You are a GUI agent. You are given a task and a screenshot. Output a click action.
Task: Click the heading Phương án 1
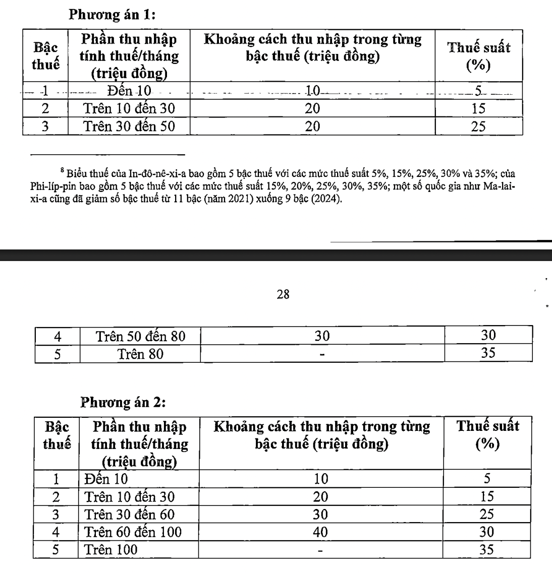click(x=112, y=15)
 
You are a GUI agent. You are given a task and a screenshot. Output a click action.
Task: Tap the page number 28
click(x=284, y=295)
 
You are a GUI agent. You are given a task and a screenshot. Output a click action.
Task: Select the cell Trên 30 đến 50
click(x=129, y=126)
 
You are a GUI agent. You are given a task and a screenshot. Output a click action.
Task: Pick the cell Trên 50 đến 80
click(x=141, y=336)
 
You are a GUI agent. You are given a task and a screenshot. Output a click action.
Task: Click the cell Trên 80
click(x=141, y=354)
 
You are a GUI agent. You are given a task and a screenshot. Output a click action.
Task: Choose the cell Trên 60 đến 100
click(x=133, y=532)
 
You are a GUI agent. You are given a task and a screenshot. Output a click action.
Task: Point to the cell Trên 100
click(x=111, y=549)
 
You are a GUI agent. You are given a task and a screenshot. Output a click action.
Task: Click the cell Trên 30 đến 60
click(x=130, y=514)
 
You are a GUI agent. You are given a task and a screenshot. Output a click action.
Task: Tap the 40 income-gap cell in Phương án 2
click(x=320, y=532)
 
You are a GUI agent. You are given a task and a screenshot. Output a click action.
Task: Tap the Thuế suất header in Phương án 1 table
click(x=479, y=56)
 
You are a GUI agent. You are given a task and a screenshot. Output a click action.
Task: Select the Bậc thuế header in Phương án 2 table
click(x=57, y=436)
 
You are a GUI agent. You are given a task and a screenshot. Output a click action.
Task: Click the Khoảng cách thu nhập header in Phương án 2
click(x=322, y=435)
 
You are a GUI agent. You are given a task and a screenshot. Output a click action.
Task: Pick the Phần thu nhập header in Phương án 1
click(x=129, y=56)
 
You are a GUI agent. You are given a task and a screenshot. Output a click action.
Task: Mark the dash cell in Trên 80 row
click(x=322, y=354)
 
